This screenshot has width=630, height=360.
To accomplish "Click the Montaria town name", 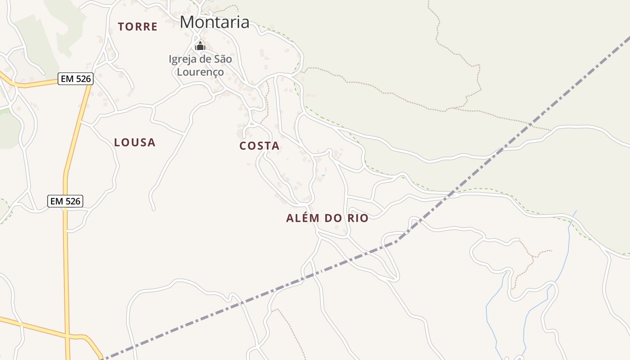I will [x=215, y=22].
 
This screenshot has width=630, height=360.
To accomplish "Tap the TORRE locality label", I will [x=138, y=27].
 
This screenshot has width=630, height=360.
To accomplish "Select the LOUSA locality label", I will [x=135, y=143].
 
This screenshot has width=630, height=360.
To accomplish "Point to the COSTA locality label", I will [x=259, y=146].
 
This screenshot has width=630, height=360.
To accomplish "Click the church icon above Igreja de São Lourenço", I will [x=200, y=46].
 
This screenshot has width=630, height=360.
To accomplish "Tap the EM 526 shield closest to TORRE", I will [x=76, y=79].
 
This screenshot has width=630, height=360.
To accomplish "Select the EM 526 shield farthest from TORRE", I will [x=65, y=201].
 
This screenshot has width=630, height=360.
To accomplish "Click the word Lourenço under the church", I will [x=200, y=72].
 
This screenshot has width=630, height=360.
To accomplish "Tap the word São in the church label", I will [x=222, y=59].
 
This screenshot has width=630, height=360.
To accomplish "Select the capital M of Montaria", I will [x=188, y=22].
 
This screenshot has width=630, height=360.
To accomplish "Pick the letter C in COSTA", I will [x=243, y=146].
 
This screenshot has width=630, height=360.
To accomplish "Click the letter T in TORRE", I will [x=121, y=27].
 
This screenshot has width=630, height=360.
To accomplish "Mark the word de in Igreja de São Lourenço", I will [x=206, y=59].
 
